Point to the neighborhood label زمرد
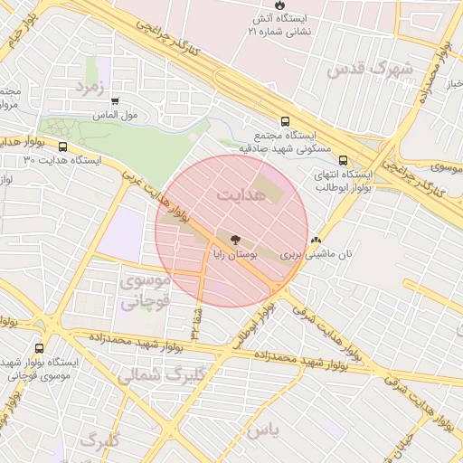tap(90, 87)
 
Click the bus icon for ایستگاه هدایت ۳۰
tap(62, 146)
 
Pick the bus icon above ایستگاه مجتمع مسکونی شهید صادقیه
tap(286, 120)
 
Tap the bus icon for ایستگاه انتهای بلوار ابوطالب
tap(342, 160)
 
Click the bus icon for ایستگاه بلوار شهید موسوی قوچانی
tap(39, 348)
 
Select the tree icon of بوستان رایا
tap(236, 241)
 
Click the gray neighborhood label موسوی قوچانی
tap(143, 292)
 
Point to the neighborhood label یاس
tap(257, 430)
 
